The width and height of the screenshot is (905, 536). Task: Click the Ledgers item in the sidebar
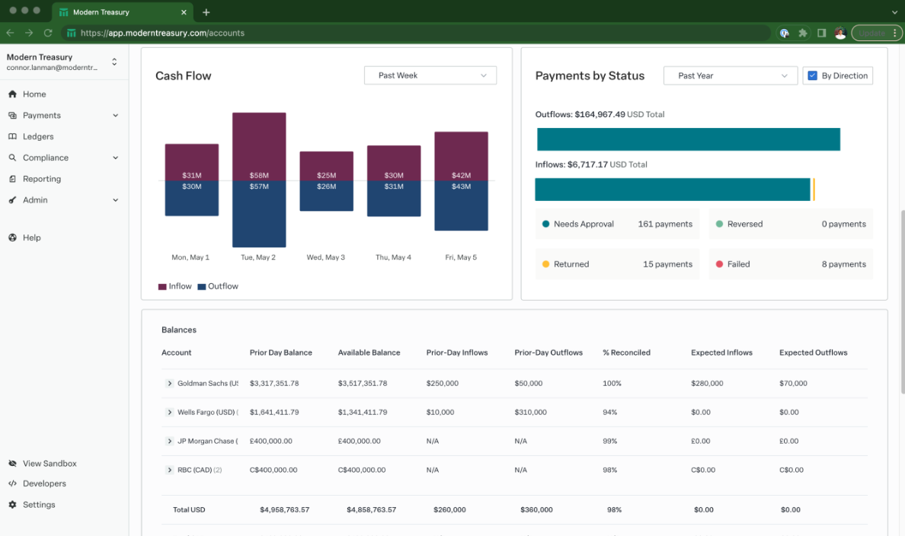38,136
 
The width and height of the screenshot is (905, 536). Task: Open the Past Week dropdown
430,75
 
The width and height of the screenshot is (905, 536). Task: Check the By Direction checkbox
812,75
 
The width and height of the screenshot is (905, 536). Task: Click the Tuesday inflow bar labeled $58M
259,145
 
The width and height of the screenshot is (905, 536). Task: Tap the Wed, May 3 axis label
326,257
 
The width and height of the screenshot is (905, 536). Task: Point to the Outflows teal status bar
688,139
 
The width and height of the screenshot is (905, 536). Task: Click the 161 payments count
665,224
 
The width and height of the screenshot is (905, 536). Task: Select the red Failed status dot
719,264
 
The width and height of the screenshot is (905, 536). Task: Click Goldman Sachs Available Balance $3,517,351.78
363,383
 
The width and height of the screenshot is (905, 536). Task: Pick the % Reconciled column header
626,353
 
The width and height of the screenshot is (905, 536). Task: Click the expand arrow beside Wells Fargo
170,412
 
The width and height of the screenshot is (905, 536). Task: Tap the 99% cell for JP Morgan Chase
609,441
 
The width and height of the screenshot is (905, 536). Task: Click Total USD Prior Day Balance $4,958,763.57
284,509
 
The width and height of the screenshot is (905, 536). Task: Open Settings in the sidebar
38,505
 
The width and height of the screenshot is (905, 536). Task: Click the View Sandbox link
49,463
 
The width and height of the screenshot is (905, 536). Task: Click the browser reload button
48,33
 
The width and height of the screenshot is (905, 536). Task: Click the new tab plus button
206,12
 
